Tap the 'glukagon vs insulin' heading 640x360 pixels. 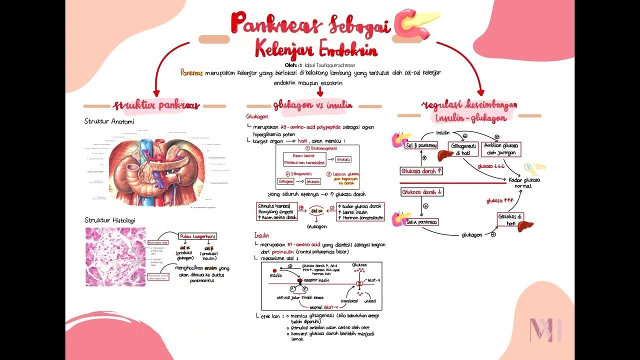(x=312, y=105)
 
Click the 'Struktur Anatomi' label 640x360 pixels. (x=109, y=121)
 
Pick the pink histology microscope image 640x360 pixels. (x=115, y=256)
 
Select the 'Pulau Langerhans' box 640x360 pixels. (x=198, y=236)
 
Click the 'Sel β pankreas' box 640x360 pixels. (x=421, y=145)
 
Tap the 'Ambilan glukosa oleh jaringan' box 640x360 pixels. (x=501, y=149)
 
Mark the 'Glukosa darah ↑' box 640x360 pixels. (x=422, y=171)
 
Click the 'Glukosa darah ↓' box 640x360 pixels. (x=422, y=192)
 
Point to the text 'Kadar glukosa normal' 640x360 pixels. (x=524, y=183)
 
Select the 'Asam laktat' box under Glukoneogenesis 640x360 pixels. (x=303, y=159)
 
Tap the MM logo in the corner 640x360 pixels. (x=545, y=329)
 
